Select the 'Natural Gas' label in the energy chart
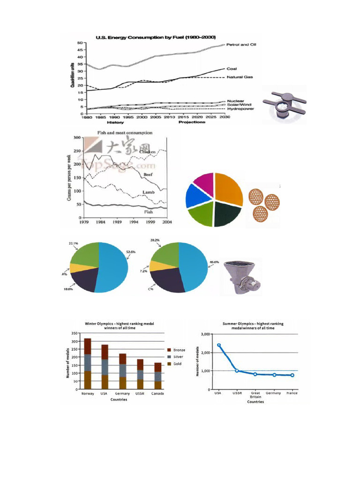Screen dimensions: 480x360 click(x=240, y=77)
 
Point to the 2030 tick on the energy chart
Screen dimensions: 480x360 click(x=225, y=118)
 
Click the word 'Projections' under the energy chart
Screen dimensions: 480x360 click(x=192, y=122)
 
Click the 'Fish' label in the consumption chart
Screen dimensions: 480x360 click(x=148, y=212)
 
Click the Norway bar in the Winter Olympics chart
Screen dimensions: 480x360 click(x=87, y=363)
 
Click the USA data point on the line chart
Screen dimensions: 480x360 click(x=219, y=345)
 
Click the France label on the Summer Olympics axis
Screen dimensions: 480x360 click(x=292, y=393)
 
